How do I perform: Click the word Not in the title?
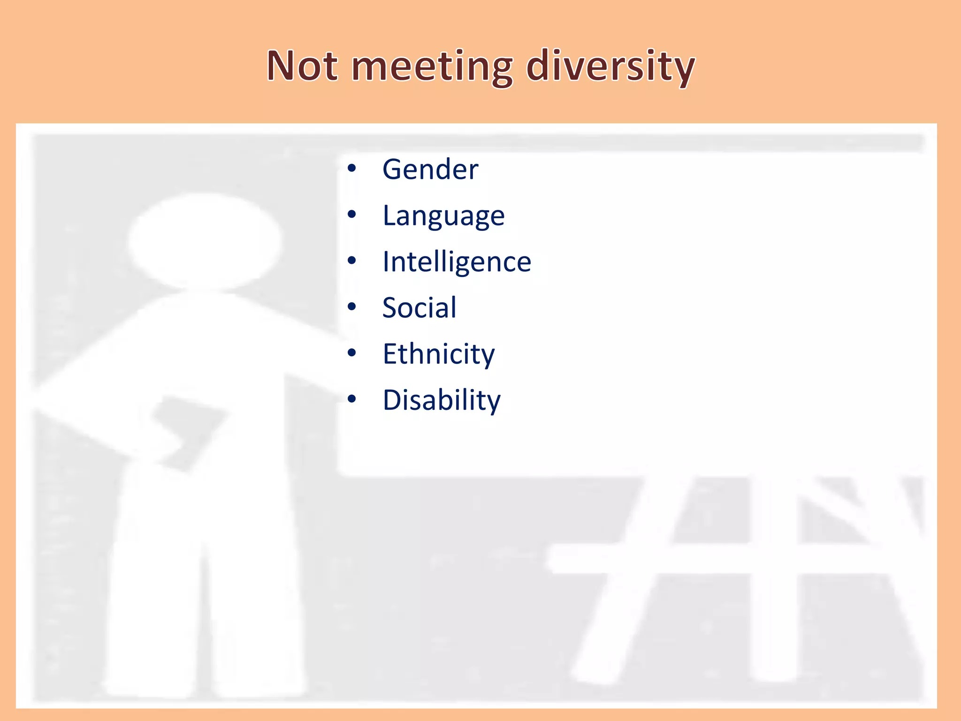click(302, 66)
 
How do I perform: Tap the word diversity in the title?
click(610, 67)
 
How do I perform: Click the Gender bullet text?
click(430, 169)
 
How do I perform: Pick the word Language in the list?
click(443, 216)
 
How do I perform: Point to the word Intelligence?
click(457, 262)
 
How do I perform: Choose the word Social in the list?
click(419, 308)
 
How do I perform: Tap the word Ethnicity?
click(438, 354)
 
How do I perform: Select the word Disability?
click(442, 400)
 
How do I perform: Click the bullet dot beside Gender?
click(352, 168)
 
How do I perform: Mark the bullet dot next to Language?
click(352, 215)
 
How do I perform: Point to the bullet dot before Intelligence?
click(352, 261)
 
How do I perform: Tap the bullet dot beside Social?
click(352, 307)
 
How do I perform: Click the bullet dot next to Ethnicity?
click(352, 353)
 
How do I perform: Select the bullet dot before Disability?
click(352, 399)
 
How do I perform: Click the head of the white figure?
click(205, 242)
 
